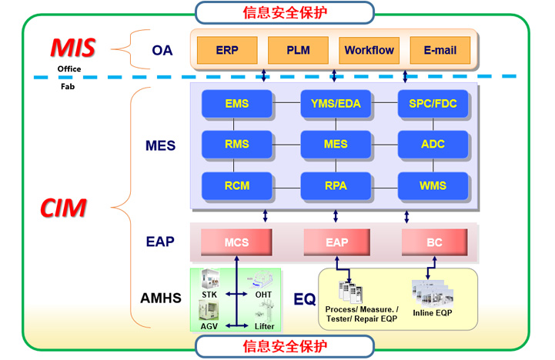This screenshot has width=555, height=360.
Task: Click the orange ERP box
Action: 227,50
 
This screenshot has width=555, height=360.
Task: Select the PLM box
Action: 298,50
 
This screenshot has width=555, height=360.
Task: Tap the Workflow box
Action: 369,50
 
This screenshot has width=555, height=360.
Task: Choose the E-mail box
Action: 440,50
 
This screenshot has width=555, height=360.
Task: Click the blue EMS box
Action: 237,104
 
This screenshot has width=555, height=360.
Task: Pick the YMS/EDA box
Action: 336,104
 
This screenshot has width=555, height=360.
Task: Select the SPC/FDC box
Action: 433,104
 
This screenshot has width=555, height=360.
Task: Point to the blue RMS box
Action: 237,144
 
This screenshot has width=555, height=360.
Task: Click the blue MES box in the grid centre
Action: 336,144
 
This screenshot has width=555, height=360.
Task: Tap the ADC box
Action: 433,144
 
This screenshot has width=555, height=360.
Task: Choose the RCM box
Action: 237,185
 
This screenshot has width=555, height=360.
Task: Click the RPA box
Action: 336,185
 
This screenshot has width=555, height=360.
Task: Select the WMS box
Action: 433,185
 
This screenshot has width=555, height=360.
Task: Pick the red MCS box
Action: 237,242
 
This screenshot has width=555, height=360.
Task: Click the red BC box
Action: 434,242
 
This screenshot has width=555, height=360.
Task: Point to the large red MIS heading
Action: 73,48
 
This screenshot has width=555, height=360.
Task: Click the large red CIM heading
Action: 64,208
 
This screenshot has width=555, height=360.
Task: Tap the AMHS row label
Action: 161,298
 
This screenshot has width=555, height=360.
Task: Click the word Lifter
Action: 264,325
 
